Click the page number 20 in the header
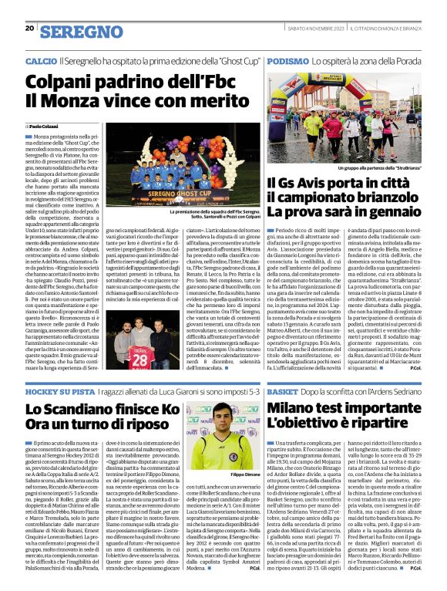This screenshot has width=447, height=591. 29,28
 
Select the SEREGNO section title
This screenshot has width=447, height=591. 81,32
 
